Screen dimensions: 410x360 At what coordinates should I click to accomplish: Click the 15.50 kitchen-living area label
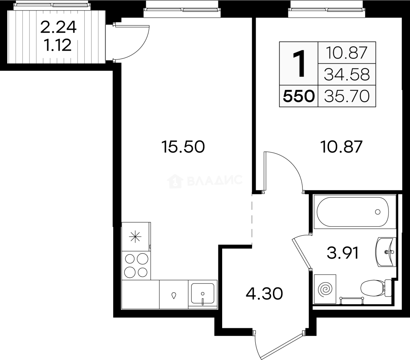click(183, 147)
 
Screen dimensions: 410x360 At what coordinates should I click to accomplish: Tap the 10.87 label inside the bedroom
click(341, 147)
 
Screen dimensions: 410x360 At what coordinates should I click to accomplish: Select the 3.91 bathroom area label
click(343, 253)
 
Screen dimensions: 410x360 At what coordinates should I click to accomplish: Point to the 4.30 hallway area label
click(264, 294)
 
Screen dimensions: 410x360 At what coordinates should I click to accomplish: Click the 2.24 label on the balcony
click(58, 27)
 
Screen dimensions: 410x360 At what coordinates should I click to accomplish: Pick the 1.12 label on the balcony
click(58, 45)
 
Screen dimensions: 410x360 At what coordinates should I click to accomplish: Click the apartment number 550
click(298, 96)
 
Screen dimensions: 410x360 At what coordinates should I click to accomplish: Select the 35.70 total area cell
click(347, 96)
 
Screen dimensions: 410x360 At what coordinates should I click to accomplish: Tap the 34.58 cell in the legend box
click(347, 74)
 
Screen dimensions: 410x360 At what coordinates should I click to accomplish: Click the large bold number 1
click(299, 64)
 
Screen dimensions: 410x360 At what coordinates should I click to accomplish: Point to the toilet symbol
click(376, 288)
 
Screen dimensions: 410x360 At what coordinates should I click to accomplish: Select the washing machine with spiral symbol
click(325, 289)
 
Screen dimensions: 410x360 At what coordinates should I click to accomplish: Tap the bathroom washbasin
click(385, 252)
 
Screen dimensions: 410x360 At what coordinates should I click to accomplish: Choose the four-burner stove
click(136, 266)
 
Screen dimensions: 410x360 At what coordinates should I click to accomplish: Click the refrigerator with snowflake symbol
click(136, 237)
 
